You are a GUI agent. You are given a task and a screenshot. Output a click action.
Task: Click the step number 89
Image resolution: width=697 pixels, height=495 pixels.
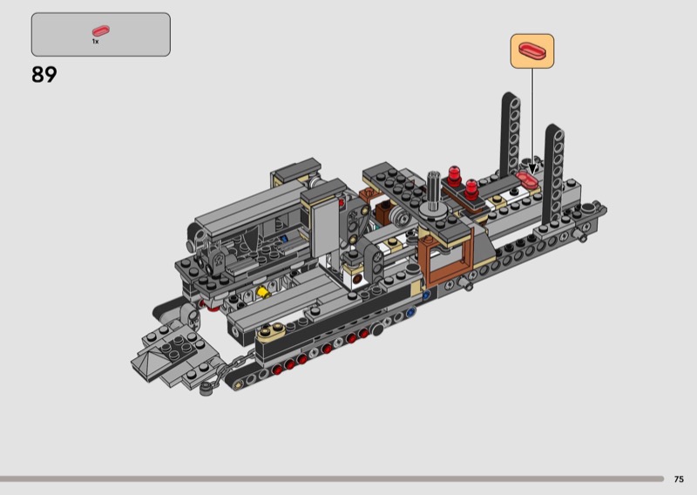pos(44,74)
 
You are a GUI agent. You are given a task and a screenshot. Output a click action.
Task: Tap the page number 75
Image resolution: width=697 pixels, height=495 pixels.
pos(679,479)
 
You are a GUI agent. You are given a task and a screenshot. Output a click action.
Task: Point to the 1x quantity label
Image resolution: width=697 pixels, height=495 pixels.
pos(95,41)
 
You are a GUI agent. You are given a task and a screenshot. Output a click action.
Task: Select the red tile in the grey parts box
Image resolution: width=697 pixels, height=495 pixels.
pos(101,31)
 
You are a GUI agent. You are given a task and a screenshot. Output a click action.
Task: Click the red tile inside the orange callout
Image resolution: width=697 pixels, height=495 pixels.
pos(532,50)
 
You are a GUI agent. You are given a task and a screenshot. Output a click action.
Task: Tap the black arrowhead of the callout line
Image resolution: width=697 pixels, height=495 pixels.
pos(532,169)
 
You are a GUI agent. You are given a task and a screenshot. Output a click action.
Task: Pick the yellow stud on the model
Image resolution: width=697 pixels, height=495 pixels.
pos(263,292)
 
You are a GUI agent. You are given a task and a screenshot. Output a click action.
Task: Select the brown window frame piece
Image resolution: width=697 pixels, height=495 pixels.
pos(446,258)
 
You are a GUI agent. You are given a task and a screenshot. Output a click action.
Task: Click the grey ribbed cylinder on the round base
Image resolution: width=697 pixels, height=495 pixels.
pos(433,186)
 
